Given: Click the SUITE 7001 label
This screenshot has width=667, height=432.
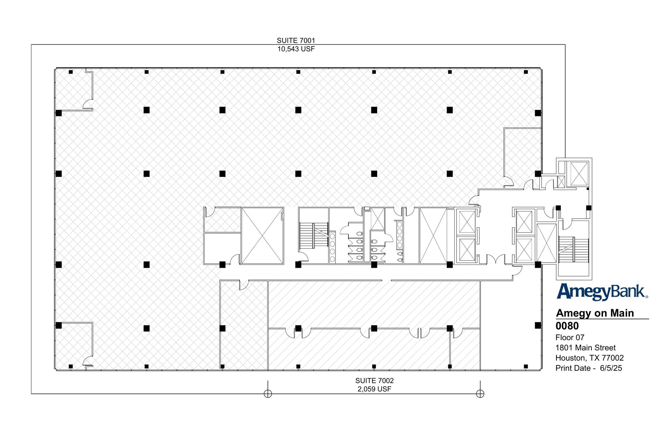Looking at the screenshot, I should [296, 40].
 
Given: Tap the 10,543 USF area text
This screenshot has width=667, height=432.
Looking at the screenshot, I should [296, 49].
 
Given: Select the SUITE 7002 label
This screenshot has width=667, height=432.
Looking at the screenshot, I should [374, 381].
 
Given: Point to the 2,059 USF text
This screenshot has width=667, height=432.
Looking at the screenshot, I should [374, 389].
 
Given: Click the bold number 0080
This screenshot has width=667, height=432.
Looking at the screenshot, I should [567, 326].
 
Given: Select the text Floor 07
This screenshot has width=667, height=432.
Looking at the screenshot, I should [570, 338].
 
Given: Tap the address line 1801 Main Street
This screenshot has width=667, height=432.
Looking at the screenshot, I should [585, 348].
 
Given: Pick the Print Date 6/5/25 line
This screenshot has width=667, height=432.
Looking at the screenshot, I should [589, 368].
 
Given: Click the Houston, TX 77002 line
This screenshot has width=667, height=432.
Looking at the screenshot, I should [589, 358].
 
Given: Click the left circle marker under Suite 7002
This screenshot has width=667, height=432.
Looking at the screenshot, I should [268, 394].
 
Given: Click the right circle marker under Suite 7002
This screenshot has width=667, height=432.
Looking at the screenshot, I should [480, 394].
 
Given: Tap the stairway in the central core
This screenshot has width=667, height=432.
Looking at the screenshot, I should [314, 235].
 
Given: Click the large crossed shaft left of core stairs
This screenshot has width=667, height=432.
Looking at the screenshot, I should [262, 236].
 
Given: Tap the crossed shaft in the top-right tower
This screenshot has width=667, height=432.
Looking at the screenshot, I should [579, 173].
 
